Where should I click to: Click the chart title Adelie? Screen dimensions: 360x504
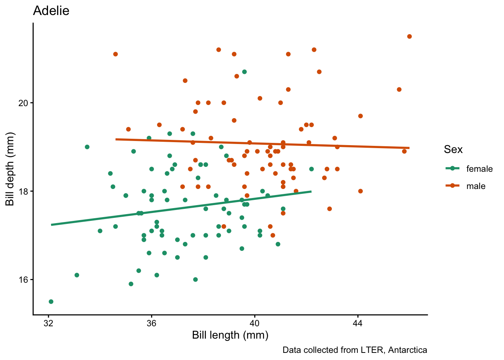coord(51,11)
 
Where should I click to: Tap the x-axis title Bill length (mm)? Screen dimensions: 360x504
coord(230,335)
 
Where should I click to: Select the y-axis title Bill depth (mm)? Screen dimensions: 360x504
coord(10,169)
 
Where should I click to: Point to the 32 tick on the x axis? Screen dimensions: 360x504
coord(48,323)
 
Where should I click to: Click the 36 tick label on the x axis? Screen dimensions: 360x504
coord(151,323)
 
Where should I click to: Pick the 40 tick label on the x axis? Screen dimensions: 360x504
coord(255,323)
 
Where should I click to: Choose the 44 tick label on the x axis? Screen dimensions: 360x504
coord(358,323)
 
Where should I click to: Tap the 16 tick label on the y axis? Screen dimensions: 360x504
coord(23,280)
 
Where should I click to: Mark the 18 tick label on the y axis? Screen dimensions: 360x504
coord(23,191)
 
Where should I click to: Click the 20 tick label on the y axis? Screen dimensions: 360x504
coord(23,103)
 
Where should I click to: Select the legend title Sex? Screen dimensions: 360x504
coord(453,150)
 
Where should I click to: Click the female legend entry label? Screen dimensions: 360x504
coord(479,169)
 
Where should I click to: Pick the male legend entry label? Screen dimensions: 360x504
coord(476,186)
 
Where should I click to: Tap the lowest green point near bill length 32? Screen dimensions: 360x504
coord(51,301)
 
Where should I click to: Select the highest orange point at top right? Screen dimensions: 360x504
coord(409,36)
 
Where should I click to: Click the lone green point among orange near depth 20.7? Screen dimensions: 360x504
coord(244,72)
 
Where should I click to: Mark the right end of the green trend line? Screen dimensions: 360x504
coord(311,192)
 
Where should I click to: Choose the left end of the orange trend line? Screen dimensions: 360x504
coord(116,139)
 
